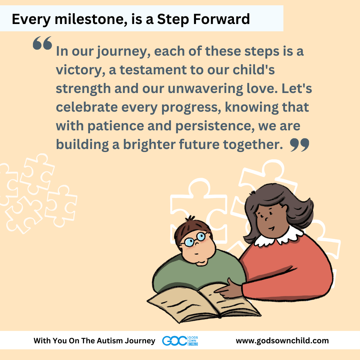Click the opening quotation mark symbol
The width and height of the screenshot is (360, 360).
click(x=42, y=43)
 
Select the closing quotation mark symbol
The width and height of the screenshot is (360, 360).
click(x=300, y=145)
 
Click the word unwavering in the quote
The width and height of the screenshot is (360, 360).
click(x=205, y=89)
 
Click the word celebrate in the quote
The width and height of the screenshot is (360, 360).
click(x=87, y=107)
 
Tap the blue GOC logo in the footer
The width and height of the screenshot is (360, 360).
click(x=180, y=341)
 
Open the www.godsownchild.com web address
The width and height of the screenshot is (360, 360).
click(x=282, y=340)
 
